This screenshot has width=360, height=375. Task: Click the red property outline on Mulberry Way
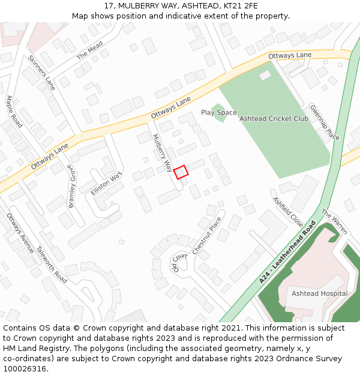click(181, 172)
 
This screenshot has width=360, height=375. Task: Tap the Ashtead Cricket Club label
click(274, 119)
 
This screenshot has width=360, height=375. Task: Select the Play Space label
click(218, 113)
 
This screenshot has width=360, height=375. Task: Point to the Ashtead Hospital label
click(319, 293)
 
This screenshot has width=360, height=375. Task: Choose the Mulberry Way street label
click(162, 151)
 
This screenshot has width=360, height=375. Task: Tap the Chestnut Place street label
click(207, 235)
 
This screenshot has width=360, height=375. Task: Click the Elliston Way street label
click(106, 183)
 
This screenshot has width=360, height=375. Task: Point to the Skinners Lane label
click(41, 73)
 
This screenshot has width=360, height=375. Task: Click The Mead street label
click(89, 50)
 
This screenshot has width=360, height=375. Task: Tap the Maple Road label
click(14, 111)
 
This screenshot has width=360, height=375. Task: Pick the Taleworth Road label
click(52, 265)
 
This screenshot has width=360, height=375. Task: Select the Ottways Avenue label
click(20, 232)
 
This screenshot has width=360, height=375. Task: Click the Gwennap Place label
click(325, 122)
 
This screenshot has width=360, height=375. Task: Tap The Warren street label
click(334, 221)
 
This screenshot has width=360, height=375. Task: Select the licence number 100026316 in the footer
click(25, 368)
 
